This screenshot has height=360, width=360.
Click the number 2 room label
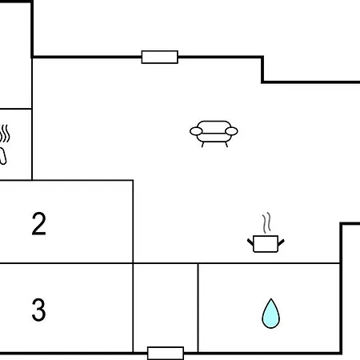tap(39, 224)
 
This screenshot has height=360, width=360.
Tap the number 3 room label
tap(39, 310)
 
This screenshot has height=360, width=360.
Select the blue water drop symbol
tap(270, 314)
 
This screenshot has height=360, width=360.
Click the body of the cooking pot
tap(266, 244)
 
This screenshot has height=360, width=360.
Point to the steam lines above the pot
tap(266, 222)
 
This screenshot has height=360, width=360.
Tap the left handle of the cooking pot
tap(250, 242)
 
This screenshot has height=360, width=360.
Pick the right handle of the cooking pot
tap(281, 242)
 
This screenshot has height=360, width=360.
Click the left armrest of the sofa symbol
tap(196, 131)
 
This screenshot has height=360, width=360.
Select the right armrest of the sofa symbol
tap(231, 131)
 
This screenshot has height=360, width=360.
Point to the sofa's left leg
tap(202, 144)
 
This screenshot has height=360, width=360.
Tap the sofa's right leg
tap(226, 144)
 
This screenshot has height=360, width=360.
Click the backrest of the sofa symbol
tap(214, 126)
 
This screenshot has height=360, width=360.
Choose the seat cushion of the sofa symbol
tap(214, 137)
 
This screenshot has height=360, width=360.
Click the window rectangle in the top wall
tap(160, 57)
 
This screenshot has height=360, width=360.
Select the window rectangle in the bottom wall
tap(166, 353)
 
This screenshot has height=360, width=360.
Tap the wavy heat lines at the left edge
tap(5, 134)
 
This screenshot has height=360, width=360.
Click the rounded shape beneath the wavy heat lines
tap(2, 156)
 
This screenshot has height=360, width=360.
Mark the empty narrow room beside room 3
tap(166, 306)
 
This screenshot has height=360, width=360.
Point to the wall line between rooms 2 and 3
tap(66, 263)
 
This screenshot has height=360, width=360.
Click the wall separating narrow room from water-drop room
tap(198, 308)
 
